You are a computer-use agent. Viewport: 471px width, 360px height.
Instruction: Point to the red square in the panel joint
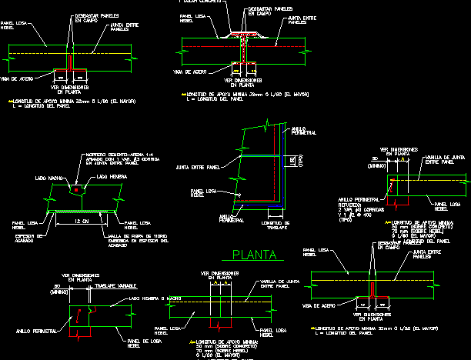click(x=76, y=188)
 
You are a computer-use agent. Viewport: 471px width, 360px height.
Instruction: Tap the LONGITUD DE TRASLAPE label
click(x=275, y=225)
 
